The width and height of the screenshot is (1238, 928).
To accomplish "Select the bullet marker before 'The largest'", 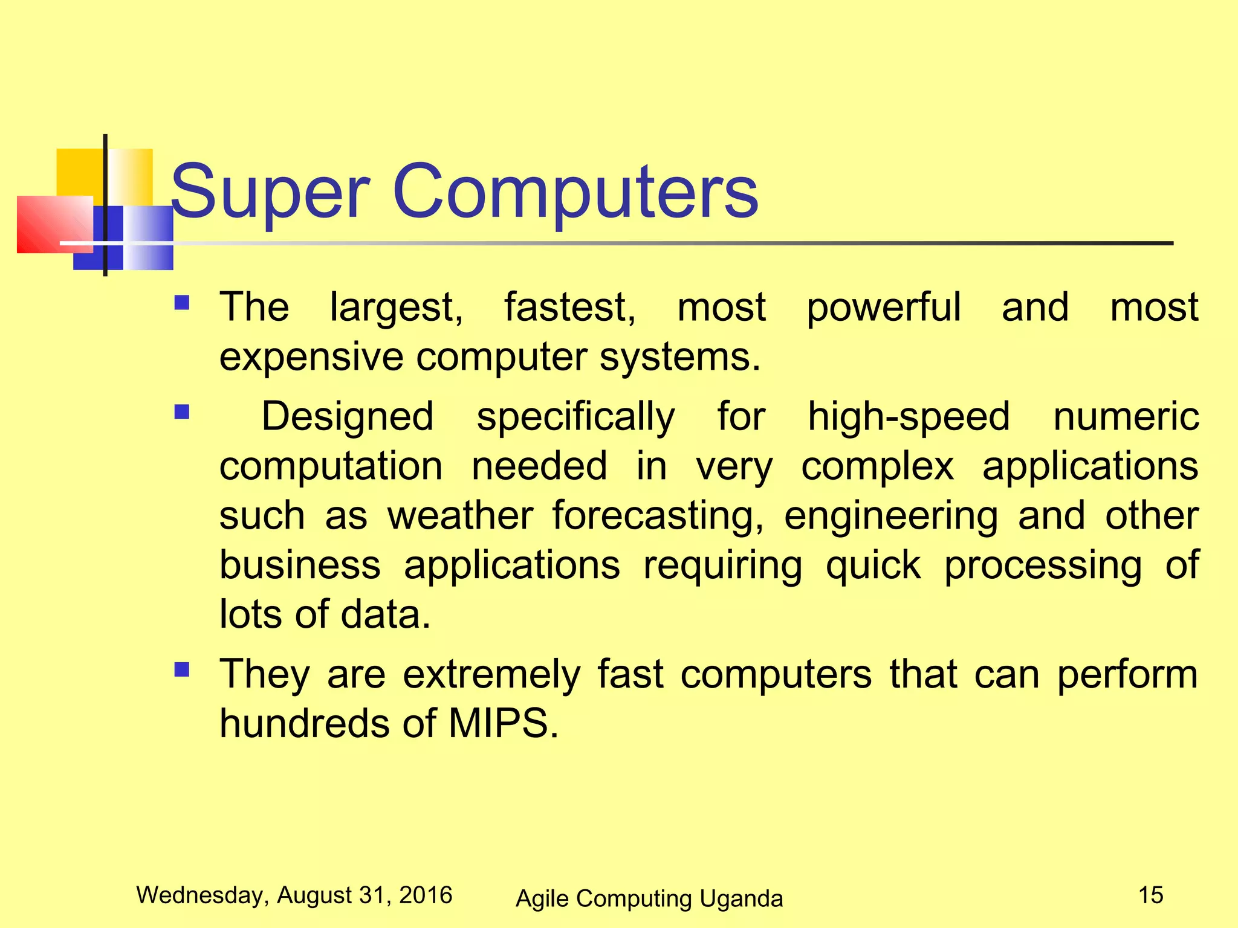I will pyautogui.click(x=181, y=302).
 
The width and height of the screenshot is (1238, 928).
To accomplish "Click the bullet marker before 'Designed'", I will pyautogui.click(x=181, y=412).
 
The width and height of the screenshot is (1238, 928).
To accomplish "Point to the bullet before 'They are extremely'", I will pyautogui.click(x=181, y=669).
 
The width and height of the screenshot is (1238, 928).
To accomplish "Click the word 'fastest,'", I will pyautogui.click(x=570, y=308).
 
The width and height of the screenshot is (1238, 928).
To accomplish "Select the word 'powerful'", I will pyautogui.click(x=884, y=308).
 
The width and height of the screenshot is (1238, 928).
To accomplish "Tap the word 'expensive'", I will pyautogui.click(x=311, y=358).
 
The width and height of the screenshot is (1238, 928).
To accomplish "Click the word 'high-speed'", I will pyautogui.click(x=909, y=417).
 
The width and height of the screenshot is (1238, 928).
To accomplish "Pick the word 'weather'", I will pyautogui.click(x=460, y=516).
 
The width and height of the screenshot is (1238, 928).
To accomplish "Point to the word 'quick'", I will pyautogui.click(x=873, y=567).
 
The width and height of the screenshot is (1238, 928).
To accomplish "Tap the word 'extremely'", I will pyautogui.click(x=491, y=675).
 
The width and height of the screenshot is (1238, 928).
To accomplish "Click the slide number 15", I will pyautogui.click(x=1150, y=895).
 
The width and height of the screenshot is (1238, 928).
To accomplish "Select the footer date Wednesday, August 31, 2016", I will pyautogui.click(x=294, y=895).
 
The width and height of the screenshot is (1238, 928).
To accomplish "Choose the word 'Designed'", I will pyautogui.click(x=348, y=417).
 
